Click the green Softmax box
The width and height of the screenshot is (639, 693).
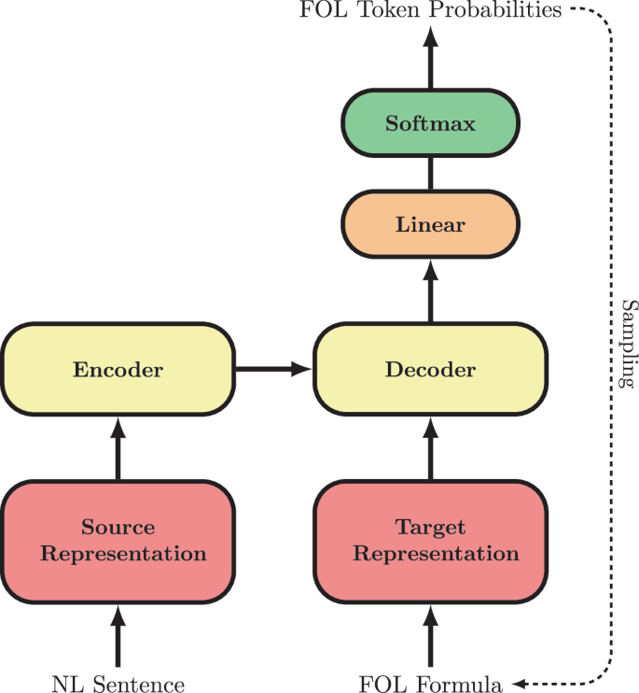coord(430,123)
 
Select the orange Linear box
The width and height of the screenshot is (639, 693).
coord(430,224)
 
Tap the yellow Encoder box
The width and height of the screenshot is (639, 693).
coord(118,369)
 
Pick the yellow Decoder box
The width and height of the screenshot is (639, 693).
coord(430,369)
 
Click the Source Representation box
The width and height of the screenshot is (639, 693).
coord(118,540)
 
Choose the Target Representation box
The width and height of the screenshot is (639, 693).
coord(430,540)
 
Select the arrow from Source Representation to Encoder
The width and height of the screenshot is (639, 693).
coord(118,448)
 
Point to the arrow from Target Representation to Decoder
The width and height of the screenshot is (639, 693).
coord(430,448)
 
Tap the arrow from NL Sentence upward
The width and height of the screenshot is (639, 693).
coord(118,635)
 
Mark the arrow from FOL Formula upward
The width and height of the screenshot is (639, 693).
coord(430,635)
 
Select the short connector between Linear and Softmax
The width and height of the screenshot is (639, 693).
coord(430,174)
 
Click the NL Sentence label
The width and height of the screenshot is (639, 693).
coord(118,683)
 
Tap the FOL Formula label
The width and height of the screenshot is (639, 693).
coord(430,683)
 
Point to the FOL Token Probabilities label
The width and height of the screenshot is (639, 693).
coord(430,10)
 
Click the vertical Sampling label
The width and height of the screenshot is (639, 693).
coord(628,345)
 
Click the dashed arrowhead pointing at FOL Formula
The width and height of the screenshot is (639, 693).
coord(519,683)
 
